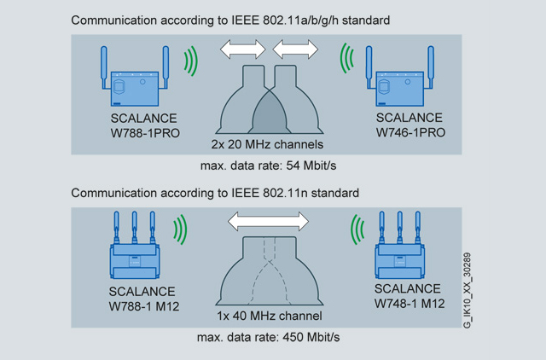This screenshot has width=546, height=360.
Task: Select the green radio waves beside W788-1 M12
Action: coord(181,229)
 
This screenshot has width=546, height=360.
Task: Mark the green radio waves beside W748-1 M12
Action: coord(357,229)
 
